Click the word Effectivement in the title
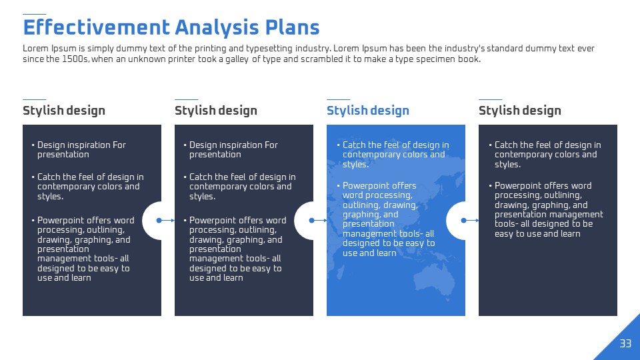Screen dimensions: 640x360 tap(96, 27)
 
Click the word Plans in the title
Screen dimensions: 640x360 tap(292, 27)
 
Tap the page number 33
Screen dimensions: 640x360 tap(625, 343)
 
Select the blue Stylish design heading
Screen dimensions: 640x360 tap(368, 111)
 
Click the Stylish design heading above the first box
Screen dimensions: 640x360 tap(64, 111)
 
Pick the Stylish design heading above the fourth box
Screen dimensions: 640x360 tap(519, 111)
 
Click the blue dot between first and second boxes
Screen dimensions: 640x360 tap(159, 221)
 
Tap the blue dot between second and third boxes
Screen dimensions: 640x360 tap(311, 221)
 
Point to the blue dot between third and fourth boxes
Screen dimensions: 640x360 tap(464, 221)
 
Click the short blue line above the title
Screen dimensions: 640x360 tap(34, 14)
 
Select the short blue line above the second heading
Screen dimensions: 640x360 tap(187, 99)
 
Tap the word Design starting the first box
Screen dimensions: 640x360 tap(51, 145)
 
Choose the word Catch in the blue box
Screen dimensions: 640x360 tap(354, 145)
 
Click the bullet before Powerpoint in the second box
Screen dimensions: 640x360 tap(185, 221)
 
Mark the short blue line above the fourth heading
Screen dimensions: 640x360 tap(491, 99)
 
